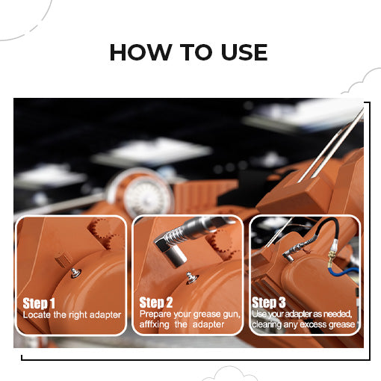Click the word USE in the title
pos(240,52)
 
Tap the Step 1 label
pos(39,303)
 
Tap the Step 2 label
pos(157,303)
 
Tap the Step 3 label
pos(268,303)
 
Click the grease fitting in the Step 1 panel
pos(75,272)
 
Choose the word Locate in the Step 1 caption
pos(38,315)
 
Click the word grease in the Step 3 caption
pos(338,325)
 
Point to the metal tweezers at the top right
pos(333,145)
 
